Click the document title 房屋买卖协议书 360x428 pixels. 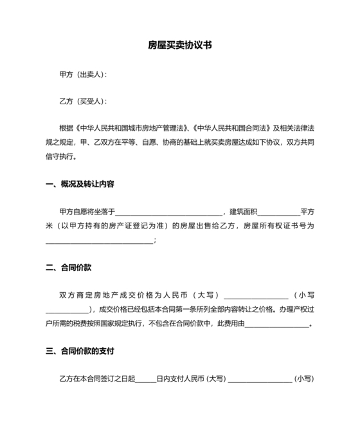[x=179, y=46]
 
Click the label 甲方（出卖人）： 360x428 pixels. [x=83, y=75]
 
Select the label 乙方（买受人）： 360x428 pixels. [x=83, y=101]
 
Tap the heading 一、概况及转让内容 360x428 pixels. [x=80, y=184]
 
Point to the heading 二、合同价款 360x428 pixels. [x=69, y=267]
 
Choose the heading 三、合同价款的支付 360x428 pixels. [x=80, y=351]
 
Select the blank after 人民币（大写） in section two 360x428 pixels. [x=256, y=295]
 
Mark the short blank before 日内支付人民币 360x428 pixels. [x=146, y=379]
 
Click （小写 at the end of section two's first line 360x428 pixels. [x=304, y=295]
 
